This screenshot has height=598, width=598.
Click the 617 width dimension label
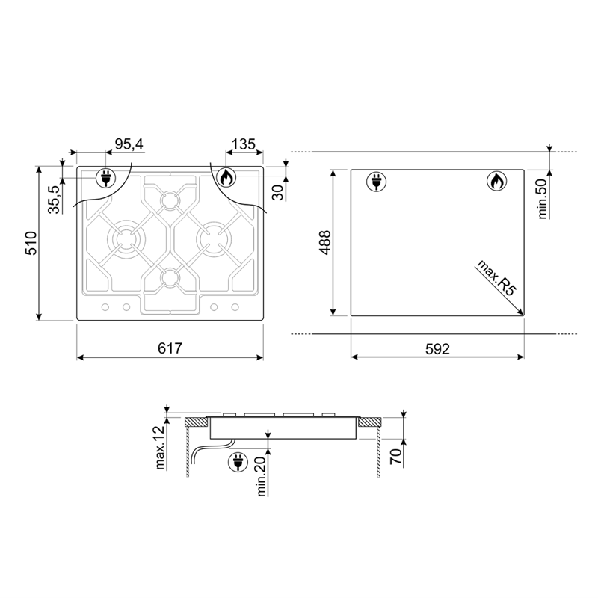pyautogui.click(x=170, y=348)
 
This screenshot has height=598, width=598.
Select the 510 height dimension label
pyautogui.click(x=31, y=243)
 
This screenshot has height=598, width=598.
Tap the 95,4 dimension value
pyautogui.click(x=129, y=144)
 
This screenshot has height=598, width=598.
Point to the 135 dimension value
pyautogui.click(x=244, y=144)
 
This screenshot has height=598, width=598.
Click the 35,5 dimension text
pyautogui.click(x=54, y=200)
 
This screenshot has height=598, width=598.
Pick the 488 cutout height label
pyautogui.click(x=325, y=242)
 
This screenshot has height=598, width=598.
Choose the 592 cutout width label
pyautogui.click(x=437, y=349)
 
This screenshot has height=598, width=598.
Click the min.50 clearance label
pyautogui.click(x=542, y=199)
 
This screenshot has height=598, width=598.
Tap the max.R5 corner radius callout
pyautogui.click(x=496, y=278)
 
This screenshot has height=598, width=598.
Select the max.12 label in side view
pyautogui.click(x=160, y=446)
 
